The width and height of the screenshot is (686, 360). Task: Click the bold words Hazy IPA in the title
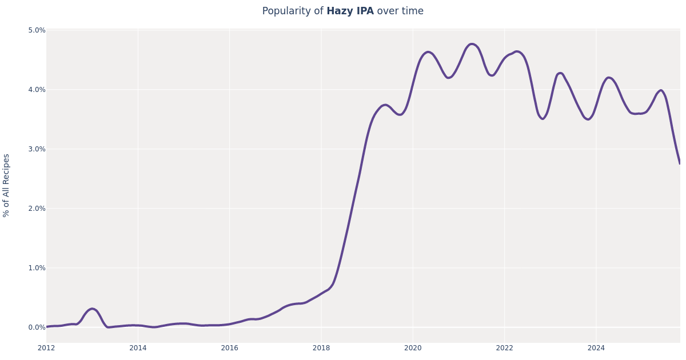(x=350, y=11)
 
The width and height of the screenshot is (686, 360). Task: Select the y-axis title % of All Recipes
(x=7, y=185)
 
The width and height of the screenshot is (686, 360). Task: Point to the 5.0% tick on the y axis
(x=37, y=30)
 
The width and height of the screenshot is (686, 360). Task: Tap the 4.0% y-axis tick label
(x=37, y=90)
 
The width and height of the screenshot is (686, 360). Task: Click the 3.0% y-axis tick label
(x=37, y=149)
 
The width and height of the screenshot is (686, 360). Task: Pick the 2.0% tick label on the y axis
(x=37, y=209)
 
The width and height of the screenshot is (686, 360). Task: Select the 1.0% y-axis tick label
(x=37, y=268)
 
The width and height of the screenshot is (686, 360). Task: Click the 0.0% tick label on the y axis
(x=37, y=327)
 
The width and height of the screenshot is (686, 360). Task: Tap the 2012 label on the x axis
(x=46, y=348)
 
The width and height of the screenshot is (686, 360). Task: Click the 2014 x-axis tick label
(x=138, y=348)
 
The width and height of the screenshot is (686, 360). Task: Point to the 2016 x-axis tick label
(x=229, y=348)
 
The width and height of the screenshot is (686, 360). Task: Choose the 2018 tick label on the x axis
(x=321, y=348)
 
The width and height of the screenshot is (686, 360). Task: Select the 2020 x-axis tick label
(x=413, y=348)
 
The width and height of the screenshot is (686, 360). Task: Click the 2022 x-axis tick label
(x=504, y=348)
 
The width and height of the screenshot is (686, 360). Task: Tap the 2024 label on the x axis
(x=596, y=348)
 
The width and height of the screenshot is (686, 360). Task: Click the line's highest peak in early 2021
(x=472, y=44)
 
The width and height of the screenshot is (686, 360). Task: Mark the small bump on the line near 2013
(x=91, y=309)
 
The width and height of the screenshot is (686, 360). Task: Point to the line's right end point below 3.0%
(x=680, y=163)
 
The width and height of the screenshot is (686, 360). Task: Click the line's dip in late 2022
(x=543, y=119)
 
